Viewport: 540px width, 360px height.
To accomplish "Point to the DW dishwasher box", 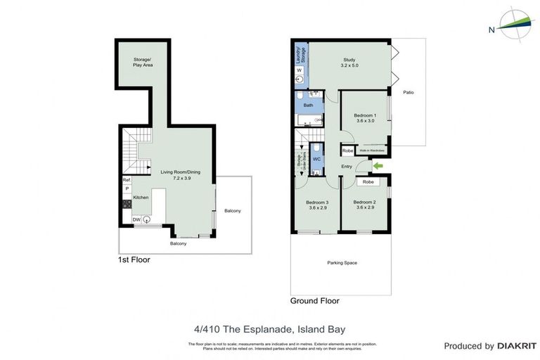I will click(136, 219).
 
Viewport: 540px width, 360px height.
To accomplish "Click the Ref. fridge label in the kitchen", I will click(127, 180).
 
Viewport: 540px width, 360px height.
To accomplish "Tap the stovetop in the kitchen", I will click(127, 204).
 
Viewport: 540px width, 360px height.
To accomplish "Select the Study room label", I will click(349, 63).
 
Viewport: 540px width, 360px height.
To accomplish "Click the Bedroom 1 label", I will click(365, 117).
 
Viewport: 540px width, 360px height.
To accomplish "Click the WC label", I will click(316, 159).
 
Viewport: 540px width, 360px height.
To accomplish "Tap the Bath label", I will click(308, 105).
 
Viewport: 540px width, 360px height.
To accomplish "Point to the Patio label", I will click(408, 92).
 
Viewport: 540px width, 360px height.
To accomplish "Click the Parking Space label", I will click(342, 263).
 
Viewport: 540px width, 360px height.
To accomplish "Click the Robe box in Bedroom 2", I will click(367, 181).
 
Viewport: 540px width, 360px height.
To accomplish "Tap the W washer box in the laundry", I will click(299, 71).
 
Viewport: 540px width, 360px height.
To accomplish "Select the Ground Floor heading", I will click(314, 301).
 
